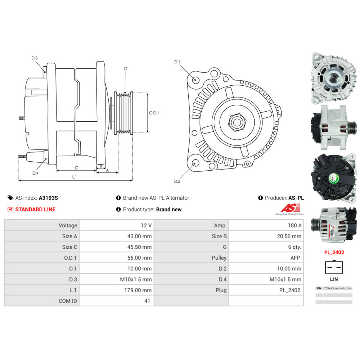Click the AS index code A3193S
pos(48,198)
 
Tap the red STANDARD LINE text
pos(35,209)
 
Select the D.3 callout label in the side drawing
pos(35,58)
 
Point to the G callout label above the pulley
pos(125,69)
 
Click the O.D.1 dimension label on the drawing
pos(154,113)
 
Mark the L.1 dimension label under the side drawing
pos(75,177)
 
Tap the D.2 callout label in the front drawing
pos(177,181)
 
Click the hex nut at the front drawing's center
pos(237,122)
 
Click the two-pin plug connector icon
pos(334,267)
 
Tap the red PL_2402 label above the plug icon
pos(334,252)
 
